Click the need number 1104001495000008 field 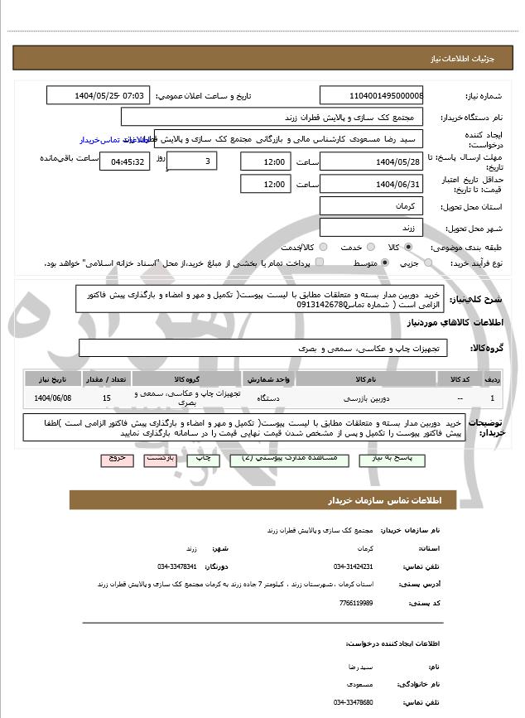[x=371, y=95]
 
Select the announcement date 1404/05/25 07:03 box [x=98, y=95]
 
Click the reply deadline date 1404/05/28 [x=371, y=161]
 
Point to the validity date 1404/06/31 [x=371, y=183]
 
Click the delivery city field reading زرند [x=371, y=227]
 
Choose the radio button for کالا [x=408, y=247]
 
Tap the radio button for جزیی [x=428, y=263]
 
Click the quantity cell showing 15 [x=106, y=398]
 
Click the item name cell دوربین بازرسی [x=365, y=398]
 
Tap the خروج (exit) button [x=115, y=457]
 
